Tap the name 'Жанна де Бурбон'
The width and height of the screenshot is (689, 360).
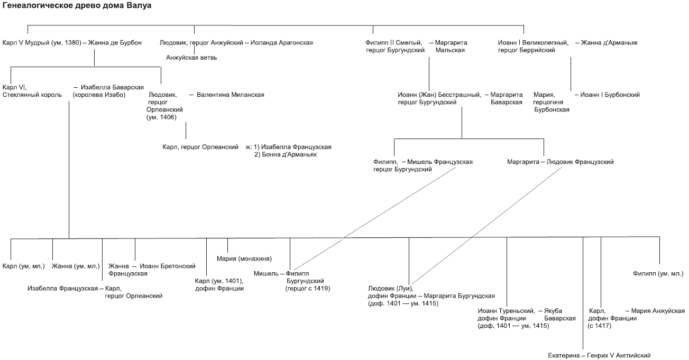tap(115, 42)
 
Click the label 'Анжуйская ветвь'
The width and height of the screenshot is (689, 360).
tap(191, 58)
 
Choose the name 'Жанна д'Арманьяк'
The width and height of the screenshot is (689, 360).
tap(609, 42)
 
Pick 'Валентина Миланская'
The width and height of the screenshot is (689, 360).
tap(230, 95)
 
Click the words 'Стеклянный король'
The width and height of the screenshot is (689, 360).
tap(32, 95)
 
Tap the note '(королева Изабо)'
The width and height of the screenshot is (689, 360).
tap(99, 95)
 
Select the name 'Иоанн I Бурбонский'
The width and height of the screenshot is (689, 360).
tap(610, 95)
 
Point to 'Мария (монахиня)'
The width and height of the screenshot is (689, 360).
tap(244, 259)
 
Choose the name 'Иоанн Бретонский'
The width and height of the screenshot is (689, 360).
tap(168, 266)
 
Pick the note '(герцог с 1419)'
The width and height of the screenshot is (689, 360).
tap(308, 288)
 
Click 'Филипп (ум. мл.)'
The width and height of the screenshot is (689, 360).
tap(658, 273)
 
